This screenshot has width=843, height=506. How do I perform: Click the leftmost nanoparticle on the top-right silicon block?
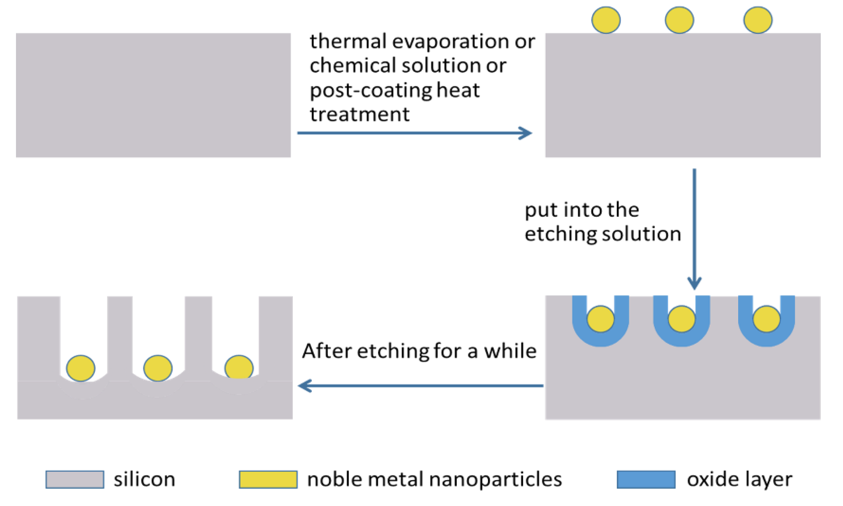[606, 20]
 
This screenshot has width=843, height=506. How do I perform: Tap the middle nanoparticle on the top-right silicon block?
[679, 20]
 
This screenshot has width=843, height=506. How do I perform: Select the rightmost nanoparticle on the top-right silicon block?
[758, 20]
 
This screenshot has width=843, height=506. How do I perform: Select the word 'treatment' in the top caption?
[359, 114]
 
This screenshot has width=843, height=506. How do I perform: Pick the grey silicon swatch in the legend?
[75, 480]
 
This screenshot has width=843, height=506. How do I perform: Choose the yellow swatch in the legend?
[268, 480]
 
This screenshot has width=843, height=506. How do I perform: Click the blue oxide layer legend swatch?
[646, 480]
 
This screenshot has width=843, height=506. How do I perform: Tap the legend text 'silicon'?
[144, 480]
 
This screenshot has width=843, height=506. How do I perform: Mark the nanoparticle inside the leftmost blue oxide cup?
[601, 319]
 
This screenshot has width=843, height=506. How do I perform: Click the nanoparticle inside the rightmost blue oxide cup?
[767, 319]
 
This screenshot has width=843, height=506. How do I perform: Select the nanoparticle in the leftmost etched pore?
[81, 368]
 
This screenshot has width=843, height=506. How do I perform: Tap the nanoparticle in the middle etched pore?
[158, 368]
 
